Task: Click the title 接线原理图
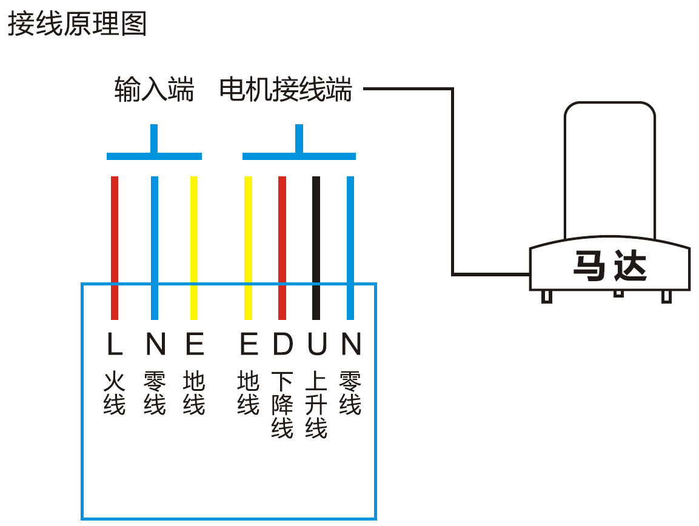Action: click(x=77, y=24)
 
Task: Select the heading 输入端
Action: click(x=154, y=90)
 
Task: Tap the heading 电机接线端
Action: click(x=286, y=90)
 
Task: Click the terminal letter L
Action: click(x=114, y=344)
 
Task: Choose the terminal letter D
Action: click(x=283, y=344)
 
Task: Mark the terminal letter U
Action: click(x=316, y=344)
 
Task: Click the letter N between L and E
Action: click(x=155, y=344)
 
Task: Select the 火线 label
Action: click(x=114, y=393)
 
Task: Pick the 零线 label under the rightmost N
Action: click(x=350, y=393)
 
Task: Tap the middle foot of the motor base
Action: click(x=618, y=293)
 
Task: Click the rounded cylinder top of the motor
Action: click(x=609, y=170)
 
